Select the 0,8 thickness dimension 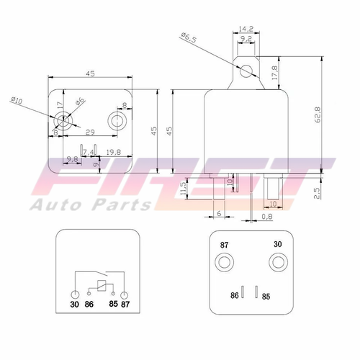267,216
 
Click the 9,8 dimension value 72,158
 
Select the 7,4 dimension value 88,152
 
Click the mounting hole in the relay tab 247,71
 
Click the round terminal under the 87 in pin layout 224,262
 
